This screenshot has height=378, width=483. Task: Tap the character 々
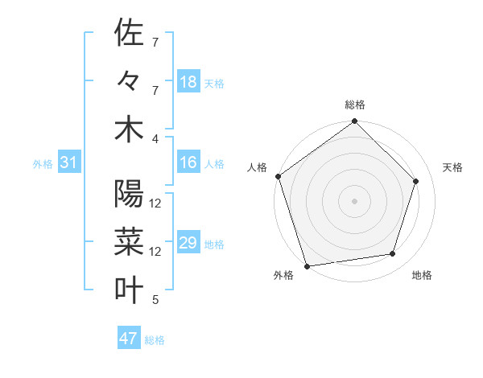[x=129, y=81]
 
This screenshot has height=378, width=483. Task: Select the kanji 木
[x=129, y=129]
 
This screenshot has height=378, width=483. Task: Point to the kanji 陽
[x=129, y=195]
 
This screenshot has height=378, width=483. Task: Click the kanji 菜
[x=129, y=242]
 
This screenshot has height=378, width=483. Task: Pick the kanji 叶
[x=129, y=290]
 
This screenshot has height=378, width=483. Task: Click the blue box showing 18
[x=188, y=82]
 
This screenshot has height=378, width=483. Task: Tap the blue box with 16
[x=188, y=162]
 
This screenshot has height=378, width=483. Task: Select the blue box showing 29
[x=188, y=243]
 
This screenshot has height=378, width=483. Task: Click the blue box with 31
[x=68, y=162]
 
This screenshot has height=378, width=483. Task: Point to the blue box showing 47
[x=129, y=339]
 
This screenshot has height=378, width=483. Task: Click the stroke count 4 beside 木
[x=156, y=138]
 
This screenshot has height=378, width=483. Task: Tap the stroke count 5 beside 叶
[x=155, y=300]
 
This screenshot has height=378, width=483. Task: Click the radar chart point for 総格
[x=354, y=122]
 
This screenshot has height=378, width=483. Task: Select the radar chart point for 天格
[x=416, y=181]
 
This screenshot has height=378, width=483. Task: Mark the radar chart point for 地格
[x=393, y=254]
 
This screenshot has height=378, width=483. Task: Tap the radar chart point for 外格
[x=308, y=265]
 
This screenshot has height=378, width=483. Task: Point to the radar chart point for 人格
[x=279, y=176]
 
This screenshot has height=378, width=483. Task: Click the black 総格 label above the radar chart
[x=354, y=105]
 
